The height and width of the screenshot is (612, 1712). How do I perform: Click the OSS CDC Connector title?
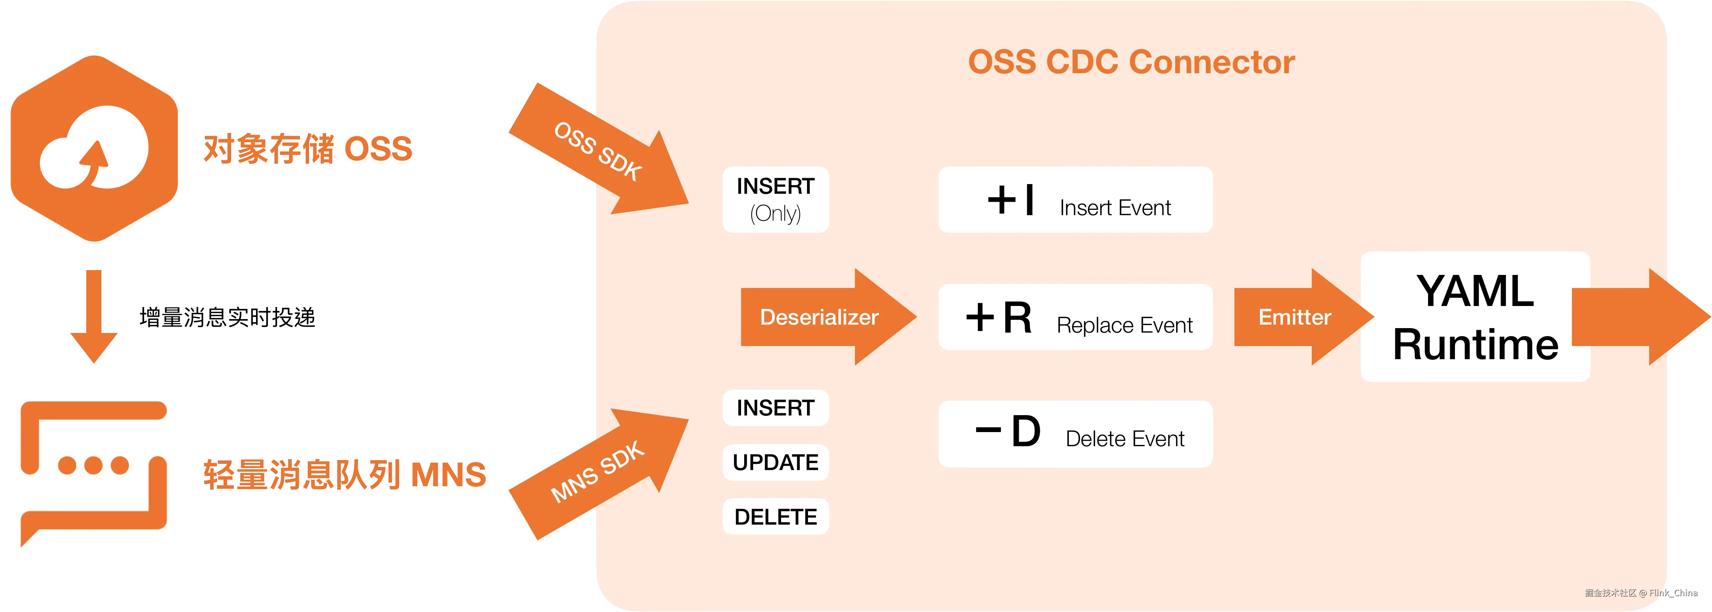click(1131, 62)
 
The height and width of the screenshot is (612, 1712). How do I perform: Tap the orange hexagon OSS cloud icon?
click(95, 149)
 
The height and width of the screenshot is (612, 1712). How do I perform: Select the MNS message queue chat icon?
click(94, 474)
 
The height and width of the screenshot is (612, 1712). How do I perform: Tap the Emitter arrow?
click(1303, 317)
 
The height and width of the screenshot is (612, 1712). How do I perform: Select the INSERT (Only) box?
click(776, 200)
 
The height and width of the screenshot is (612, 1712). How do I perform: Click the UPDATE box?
click(776, 462)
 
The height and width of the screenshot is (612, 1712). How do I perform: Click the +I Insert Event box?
click(1075, 200)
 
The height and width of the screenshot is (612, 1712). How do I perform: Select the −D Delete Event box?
click(1075, 434)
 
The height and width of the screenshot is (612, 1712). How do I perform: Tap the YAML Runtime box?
click(1475, 317)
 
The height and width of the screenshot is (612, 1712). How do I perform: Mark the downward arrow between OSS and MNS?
click(94, 317)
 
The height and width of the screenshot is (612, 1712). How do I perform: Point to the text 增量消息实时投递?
click(227, 317)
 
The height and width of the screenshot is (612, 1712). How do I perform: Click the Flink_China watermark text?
click(1673, 593)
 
